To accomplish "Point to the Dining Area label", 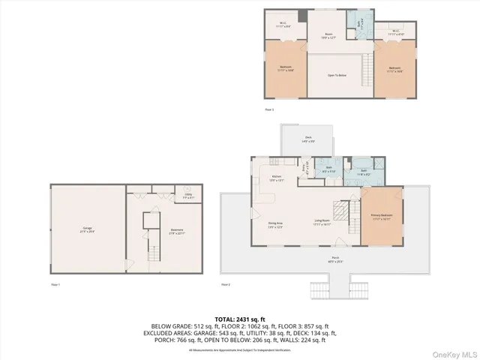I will pos(275,224).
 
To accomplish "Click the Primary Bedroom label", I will pos(382,216).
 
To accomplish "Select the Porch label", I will pos(334,260).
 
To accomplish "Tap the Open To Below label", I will pos(337,75).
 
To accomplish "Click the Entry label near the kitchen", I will pos(303,169).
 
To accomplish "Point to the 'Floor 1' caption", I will pos(55,285).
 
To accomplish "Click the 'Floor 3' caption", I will pos(269,109).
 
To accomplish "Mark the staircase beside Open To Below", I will pos(366,73).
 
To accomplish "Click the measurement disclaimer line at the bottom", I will pos(239,349).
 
